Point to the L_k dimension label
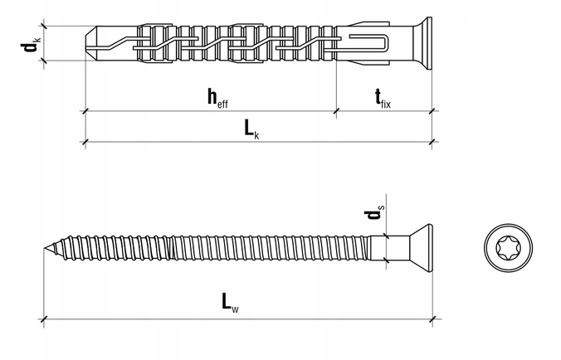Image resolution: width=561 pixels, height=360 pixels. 251,129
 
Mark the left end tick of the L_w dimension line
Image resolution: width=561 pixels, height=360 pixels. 44,317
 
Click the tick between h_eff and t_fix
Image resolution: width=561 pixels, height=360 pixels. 336,110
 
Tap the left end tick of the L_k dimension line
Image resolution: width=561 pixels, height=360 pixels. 86,141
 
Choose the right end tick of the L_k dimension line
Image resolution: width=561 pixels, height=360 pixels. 432,141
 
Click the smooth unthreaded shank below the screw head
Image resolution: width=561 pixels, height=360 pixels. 387,248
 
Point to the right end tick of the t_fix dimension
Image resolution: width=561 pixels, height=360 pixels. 432,110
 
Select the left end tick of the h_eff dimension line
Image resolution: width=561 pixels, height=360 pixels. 86,110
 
